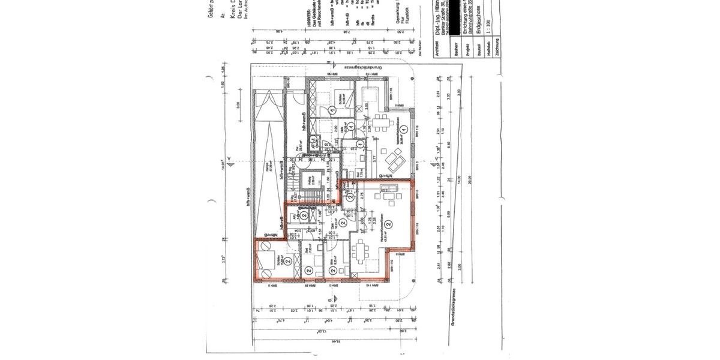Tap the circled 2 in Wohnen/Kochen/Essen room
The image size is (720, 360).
pos(389,224)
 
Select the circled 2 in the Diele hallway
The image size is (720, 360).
pos(342,223)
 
